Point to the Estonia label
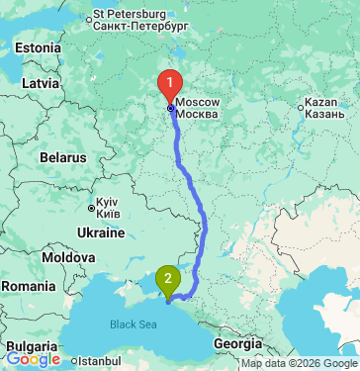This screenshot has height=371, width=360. point(37,47)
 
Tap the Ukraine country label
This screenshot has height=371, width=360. point(100,233)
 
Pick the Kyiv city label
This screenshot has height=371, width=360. point(109,209)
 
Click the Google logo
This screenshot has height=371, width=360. point(33,359)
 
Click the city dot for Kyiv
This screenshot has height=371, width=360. point(91,209)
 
